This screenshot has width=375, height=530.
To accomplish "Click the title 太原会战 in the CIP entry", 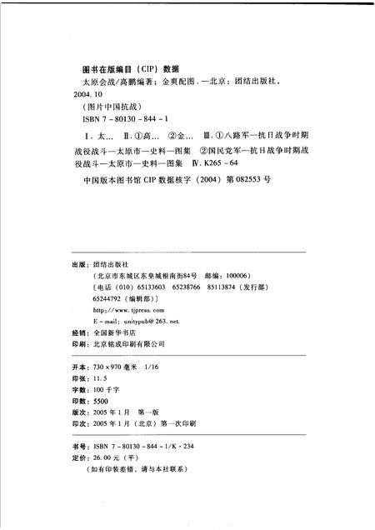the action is pyautogui.click(x=92, y=83).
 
